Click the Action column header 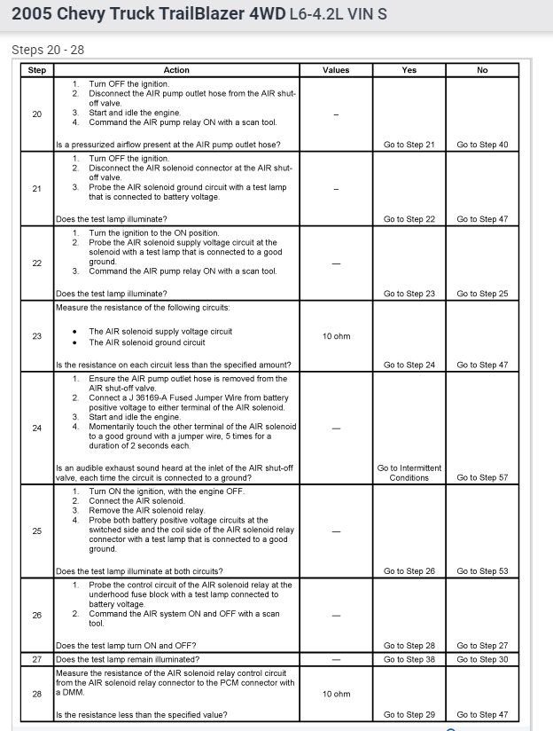tap(176, 70)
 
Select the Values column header tap(336, 70)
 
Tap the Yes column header tap(409, 70)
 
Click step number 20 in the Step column tap(37, 114)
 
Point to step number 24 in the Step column tap(37, 428)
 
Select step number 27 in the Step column tap(37, 660)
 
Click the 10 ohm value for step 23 tap(336, 336)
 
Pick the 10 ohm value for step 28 tap(336, 694)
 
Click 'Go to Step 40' tap(482, 145)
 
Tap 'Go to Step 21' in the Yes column tap(409, 145)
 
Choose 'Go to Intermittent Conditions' tap(409, 473)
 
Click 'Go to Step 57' tap(482, 477)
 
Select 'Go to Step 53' tap(482, 571)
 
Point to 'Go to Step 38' tap(409, 660)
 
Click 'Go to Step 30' tap(482, 660)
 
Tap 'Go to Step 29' tap(409, 714)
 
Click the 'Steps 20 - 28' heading tap(48, 50)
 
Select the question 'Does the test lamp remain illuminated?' tap(127, 660)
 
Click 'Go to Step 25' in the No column tap(482, 294)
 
